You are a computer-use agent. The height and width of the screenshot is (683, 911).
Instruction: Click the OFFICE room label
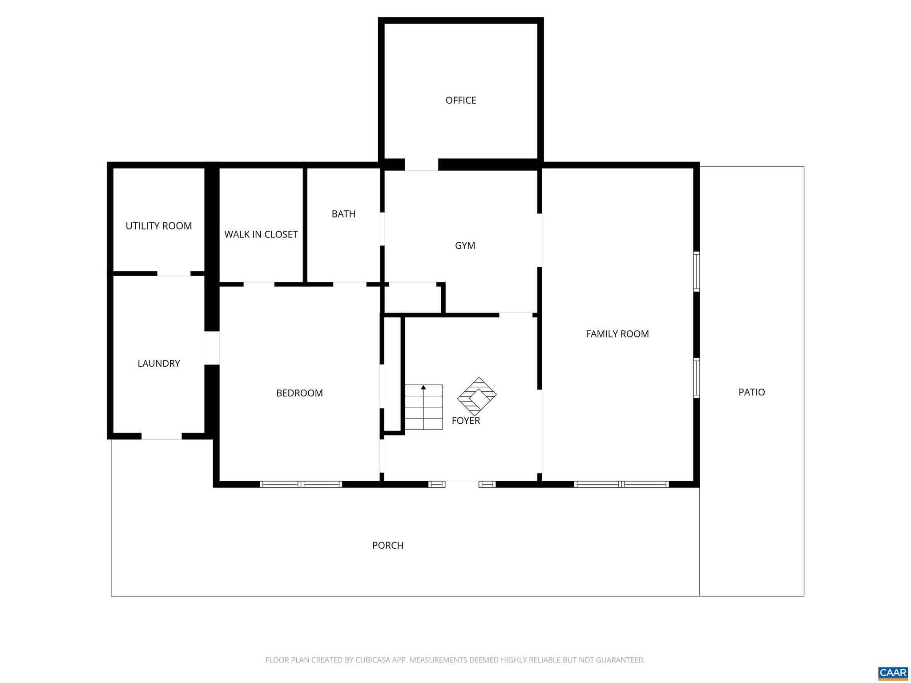tap(461, 100)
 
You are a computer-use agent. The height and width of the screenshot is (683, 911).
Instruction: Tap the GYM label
tap(465, 245)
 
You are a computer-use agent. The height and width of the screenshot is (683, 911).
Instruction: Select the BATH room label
tap(343, 214)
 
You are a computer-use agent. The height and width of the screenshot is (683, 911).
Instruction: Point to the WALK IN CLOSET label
tap(261, 234)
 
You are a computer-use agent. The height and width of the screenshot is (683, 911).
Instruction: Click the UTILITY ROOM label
tap(159, 226)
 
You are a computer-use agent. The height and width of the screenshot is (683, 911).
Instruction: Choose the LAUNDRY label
tap(159, 363)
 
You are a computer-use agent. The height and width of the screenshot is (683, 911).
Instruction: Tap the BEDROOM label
tap(299, 393)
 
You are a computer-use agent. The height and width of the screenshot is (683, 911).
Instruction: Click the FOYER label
tap(466, 421)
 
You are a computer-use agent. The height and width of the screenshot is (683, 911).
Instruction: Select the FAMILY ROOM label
tap(617, 334)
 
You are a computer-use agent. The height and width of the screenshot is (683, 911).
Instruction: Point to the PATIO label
tap(752, 392)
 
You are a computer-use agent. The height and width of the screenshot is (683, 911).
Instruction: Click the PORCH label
tap(388, 545)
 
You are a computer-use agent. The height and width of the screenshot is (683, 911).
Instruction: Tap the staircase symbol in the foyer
tap(423, 407)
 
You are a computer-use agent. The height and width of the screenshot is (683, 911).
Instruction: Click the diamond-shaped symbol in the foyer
tap(477, 397)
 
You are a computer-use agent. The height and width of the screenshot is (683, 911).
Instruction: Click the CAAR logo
tap(893, 672)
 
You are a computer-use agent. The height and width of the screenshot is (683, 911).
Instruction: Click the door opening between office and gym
tap(421, 165)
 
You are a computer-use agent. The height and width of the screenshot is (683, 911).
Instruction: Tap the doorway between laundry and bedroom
tap(212, 348)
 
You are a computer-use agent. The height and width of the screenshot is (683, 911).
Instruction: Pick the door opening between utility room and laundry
tap(174, 273)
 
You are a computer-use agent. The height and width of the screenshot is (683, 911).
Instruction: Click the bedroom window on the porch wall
tap(301, 484)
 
